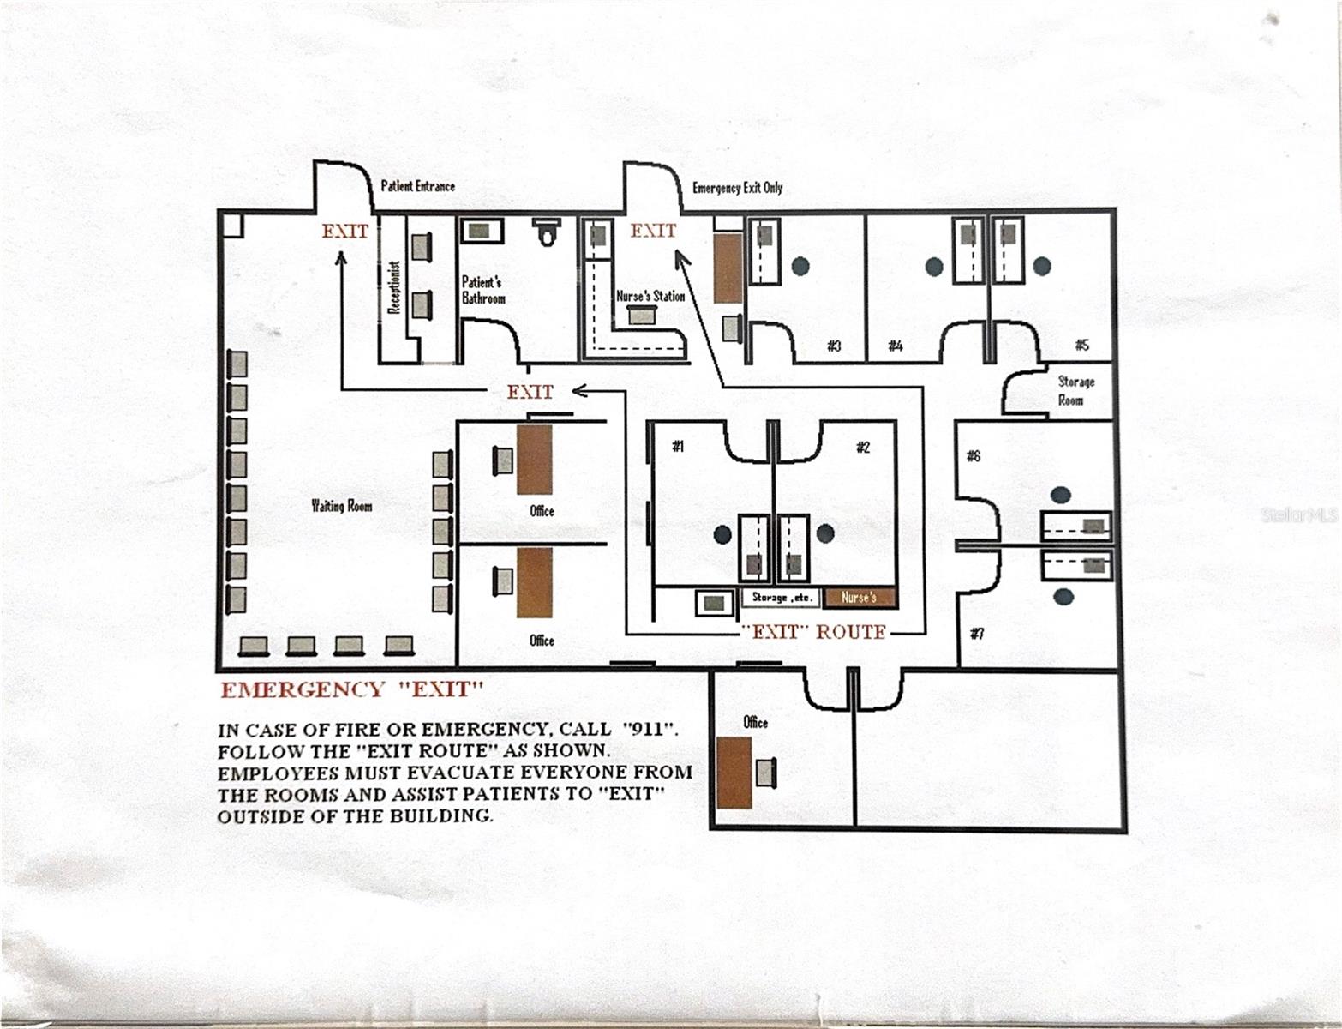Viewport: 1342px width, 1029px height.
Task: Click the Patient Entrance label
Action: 417,186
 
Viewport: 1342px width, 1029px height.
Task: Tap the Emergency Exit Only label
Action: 737,188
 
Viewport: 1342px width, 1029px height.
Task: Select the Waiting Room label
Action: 341,506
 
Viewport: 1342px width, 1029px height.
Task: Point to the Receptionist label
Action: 395,287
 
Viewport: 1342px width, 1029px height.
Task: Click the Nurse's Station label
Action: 650,296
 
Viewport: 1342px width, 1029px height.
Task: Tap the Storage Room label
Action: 1075,390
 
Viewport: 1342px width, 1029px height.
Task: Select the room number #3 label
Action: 834,346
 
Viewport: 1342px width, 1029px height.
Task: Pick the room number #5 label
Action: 1081,345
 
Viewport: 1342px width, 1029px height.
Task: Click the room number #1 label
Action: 678,446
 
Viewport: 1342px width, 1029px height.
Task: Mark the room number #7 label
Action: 976,634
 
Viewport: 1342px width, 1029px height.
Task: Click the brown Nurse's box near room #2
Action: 860,598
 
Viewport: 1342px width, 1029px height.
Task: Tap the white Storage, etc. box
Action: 782,598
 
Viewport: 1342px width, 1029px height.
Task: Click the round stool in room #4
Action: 933,267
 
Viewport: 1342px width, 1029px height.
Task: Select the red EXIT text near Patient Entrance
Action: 344,232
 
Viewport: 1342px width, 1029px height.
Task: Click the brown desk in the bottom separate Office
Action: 734,772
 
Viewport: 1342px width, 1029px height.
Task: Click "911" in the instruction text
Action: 649,731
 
